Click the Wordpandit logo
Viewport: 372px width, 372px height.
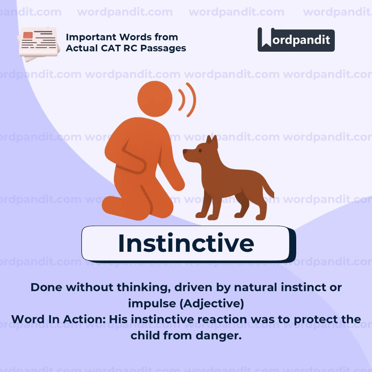pyautogui.click(x=296, y=40)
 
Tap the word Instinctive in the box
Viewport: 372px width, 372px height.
pyautogui.click(x=186, y=243)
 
